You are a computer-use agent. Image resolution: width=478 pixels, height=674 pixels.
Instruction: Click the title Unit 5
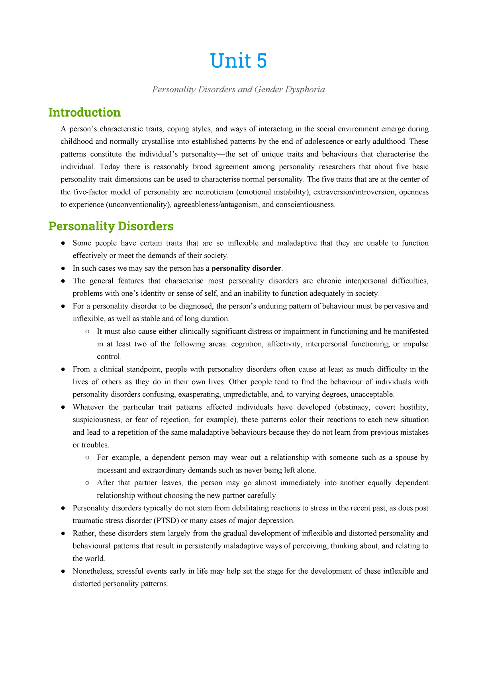pos(238,61)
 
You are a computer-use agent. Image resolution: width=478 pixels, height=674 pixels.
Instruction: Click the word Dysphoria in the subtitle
pos(305,90)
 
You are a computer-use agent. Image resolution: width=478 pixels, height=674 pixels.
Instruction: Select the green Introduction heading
pos(84,113)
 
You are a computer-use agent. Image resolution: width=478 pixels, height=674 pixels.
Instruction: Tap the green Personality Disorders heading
pos(111,226)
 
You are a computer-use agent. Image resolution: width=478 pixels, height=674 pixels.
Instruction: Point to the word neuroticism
pos(214,192)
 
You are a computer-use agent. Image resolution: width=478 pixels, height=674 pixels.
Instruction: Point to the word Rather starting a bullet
pos(83,533)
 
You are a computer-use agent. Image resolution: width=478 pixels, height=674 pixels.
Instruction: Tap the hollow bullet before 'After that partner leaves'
pos(87,483)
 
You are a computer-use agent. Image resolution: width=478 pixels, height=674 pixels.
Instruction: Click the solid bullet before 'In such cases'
pos(63,268)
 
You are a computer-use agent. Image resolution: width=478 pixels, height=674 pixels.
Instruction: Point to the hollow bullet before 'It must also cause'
pos(87,332)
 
